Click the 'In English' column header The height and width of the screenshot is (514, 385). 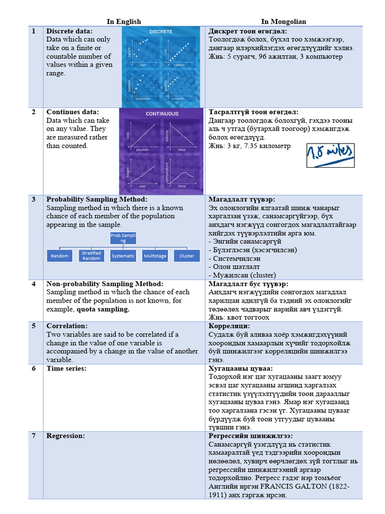pos(124,22)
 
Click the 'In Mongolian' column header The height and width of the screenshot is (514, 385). pos(283,22)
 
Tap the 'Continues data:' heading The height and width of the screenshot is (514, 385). pos(73,112)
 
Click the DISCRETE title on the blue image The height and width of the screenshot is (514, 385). pos(160,32)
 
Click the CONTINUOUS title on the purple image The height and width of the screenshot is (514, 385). pos(162,113)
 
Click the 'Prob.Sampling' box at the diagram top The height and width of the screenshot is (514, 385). pos(123,238)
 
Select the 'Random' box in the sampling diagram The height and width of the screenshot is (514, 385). pos(59,256)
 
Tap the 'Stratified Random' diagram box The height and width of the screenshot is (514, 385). pos(91,256)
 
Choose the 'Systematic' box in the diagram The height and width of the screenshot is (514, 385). pos(123,256)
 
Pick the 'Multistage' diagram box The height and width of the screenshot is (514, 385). pos(154,256)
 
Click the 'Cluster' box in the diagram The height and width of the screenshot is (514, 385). pos(186,256)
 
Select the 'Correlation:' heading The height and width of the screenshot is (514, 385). pos(67,326)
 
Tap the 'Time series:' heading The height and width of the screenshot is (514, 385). pos(66,368)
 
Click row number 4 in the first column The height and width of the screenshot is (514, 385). pos(34,284)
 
